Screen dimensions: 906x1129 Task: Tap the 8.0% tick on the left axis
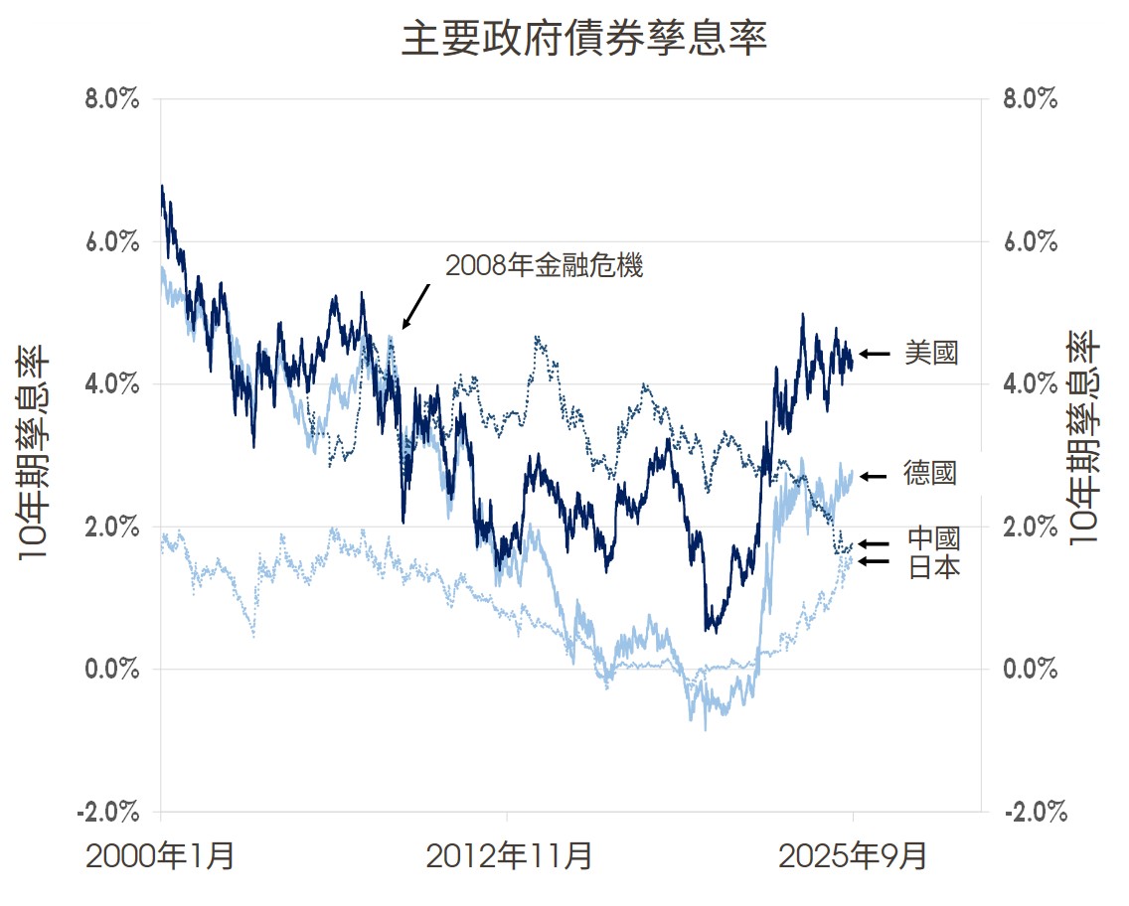point(110,100)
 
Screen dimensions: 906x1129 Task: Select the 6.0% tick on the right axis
point(1030,242)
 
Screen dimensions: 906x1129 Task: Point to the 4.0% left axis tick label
point(110,384)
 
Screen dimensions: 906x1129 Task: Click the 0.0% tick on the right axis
point(1030,669)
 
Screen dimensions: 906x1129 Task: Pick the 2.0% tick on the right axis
point(1030,527)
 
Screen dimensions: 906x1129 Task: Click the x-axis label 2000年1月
point(161,855)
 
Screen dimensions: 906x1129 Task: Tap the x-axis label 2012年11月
point(509,855)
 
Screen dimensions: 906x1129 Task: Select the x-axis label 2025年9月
point(853,855)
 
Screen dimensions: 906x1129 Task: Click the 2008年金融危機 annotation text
point(545,266)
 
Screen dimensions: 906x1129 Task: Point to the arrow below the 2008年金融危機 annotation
point(415,306)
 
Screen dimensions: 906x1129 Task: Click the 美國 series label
point(931,353)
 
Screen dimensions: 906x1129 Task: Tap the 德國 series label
point(930,474)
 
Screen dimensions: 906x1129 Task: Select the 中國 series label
point(933,539)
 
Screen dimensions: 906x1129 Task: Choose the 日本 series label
point(933,567)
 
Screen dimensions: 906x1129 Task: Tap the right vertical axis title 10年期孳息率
point(1084,438)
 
